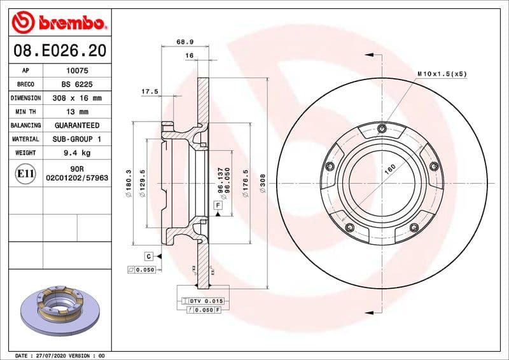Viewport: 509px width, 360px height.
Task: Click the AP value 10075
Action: (76, 71)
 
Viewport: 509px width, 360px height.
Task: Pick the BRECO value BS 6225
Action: (76, 85)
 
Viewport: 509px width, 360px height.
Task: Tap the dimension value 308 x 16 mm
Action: (76, 99)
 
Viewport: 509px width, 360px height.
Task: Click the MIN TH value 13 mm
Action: (76, 112)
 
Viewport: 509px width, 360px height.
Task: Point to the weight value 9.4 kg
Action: (76, 153)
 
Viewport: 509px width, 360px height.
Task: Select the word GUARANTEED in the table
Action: (76, 125)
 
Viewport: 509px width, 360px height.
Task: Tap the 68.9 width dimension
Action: (185, 42)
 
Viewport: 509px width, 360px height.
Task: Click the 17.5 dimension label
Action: (150, 92)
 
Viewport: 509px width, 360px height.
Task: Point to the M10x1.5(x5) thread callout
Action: (442, 74)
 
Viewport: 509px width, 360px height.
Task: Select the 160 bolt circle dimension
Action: (389, 169)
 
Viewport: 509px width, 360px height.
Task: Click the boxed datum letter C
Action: (148, 256)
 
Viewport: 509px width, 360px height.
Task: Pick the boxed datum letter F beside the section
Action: (218, 205)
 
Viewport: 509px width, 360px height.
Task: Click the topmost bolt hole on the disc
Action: (381, 130)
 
